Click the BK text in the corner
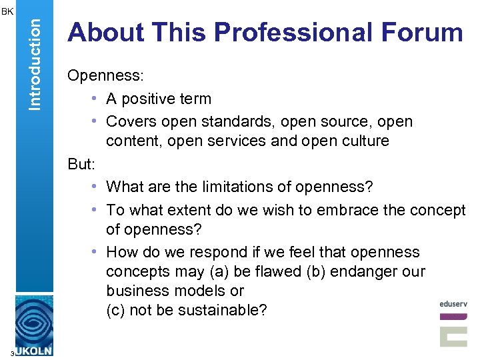(7, 11)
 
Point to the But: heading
(81, 164)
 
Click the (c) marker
(115, 310)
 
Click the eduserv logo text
(453, 304)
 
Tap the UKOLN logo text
(32, 350)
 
